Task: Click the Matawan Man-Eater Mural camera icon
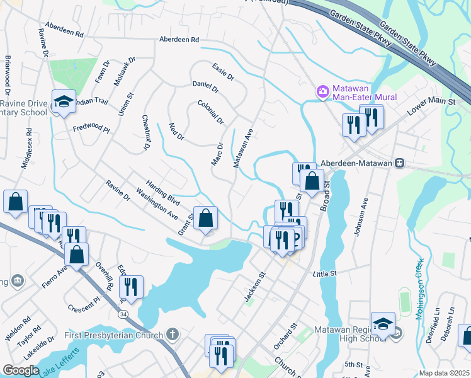pyautogui.click(x=323, y=93)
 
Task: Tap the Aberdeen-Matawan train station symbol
pyautogui.click(x=399, y=163)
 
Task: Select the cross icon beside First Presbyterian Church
pyautogui.click(x=174, y=335)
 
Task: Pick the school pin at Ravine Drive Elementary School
pyautogui.click(x=64, y=102)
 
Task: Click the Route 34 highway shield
pyautogui.click(x=121, y=313)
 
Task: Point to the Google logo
pyautogui.click(x=21, y=370)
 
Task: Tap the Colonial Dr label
pyautogui.click(x=210, y=112)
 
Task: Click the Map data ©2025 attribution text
pyautogui.click(x=443, y=373)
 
